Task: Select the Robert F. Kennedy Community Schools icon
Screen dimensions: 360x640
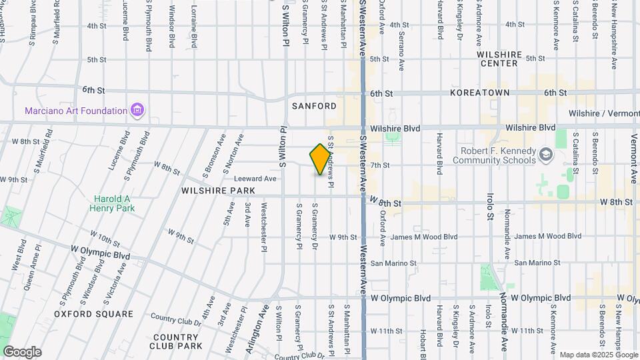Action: point(547,155)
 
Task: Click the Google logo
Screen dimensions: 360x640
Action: point(22,351)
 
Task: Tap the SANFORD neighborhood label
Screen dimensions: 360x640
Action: point(314,106)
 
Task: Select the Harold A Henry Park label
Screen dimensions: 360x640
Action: point(113,203)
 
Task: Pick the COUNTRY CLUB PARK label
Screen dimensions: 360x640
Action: point(176,341)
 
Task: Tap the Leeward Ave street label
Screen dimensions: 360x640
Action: point(255,179)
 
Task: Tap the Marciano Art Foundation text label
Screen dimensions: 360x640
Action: point(76,111)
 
